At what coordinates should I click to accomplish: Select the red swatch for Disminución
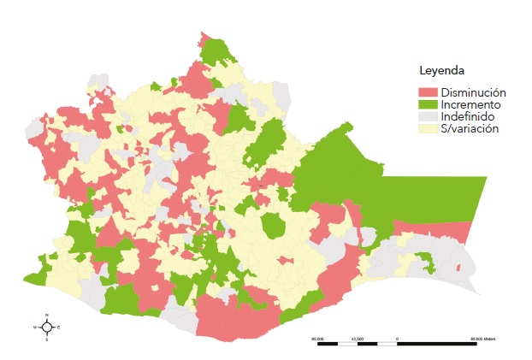(x=427, y=92)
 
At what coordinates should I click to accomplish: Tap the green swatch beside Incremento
(x=427, y=104)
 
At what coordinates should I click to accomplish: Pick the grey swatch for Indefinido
(x=427, y=116)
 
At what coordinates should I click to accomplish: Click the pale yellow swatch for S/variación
(x=427, y=128)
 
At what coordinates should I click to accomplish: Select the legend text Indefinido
(x=468, y=116)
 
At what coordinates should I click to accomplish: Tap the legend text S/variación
(x=470, y=128)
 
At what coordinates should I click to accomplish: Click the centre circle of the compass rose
(x=46, y=327)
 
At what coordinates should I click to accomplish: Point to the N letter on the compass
(x=46, y=316)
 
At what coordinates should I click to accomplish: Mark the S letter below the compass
(x=46, y=339)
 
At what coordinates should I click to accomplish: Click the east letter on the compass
(x=58, y=327)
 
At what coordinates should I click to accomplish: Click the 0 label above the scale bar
(x=398, y=339)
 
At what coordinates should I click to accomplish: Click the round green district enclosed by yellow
(x=274, y=227)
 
